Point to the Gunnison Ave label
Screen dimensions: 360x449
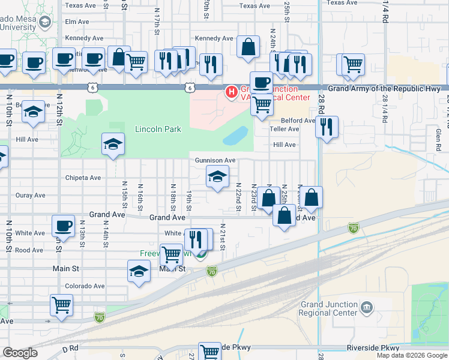(215, 160)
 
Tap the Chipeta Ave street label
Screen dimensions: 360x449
(83, 178)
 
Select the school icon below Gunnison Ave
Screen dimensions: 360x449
(217, 176)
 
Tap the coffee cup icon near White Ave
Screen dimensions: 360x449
(63, 226)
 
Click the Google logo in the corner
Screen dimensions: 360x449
(20, 352)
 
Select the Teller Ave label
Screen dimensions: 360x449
(285, 129)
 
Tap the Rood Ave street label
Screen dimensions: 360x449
(29, 250)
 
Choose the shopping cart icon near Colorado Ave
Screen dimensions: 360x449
(61, 305)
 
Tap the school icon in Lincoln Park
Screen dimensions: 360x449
(112, 144)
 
